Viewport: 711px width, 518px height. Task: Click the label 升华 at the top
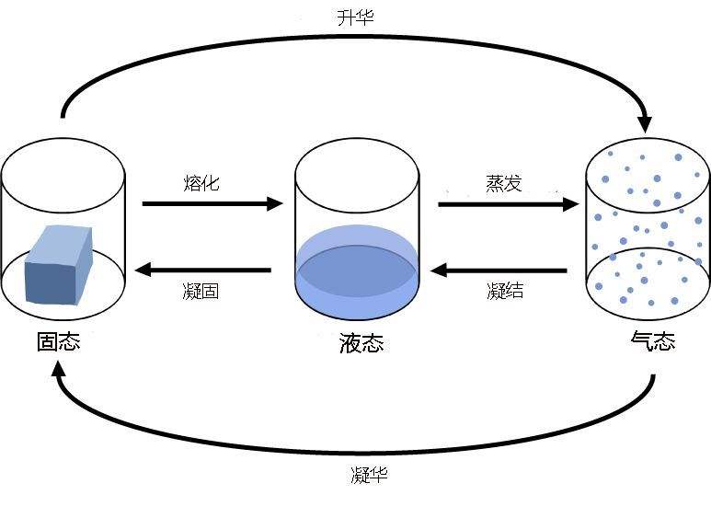[x=356, y=17]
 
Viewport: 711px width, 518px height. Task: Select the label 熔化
[x=201, y=182]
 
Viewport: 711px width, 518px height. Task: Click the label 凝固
[x=201, y=293]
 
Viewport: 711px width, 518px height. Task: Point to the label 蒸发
[x=504, y=182]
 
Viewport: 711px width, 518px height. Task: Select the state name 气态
[x=652, y=341]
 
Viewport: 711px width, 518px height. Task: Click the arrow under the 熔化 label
[x=212, y=203]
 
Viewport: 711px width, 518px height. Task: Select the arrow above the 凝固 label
[x=202, y=271]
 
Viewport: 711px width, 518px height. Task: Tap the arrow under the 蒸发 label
[x=507, y=203]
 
